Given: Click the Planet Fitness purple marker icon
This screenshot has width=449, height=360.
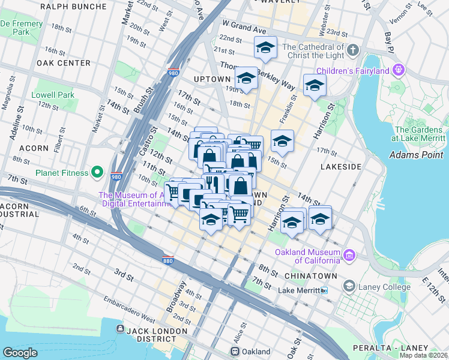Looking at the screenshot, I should pos(97,173).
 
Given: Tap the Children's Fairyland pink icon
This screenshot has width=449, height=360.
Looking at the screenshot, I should pos(398,71).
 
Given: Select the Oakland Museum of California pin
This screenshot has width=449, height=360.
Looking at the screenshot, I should pos(349,256).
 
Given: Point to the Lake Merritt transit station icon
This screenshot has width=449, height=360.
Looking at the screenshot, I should pos(324,290).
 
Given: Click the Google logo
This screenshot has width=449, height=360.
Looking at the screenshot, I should pos(20,353).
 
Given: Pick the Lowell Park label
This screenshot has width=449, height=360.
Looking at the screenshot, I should pos(54,95).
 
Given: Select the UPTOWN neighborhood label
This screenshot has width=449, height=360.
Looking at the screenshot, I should pos(212,79).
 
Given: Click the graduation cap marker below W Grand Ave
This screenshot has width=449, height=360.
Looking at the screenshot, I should pos(265,47).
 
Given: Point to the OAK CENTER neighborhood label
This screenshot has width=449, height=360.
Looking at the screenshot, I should pos(63,63).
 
